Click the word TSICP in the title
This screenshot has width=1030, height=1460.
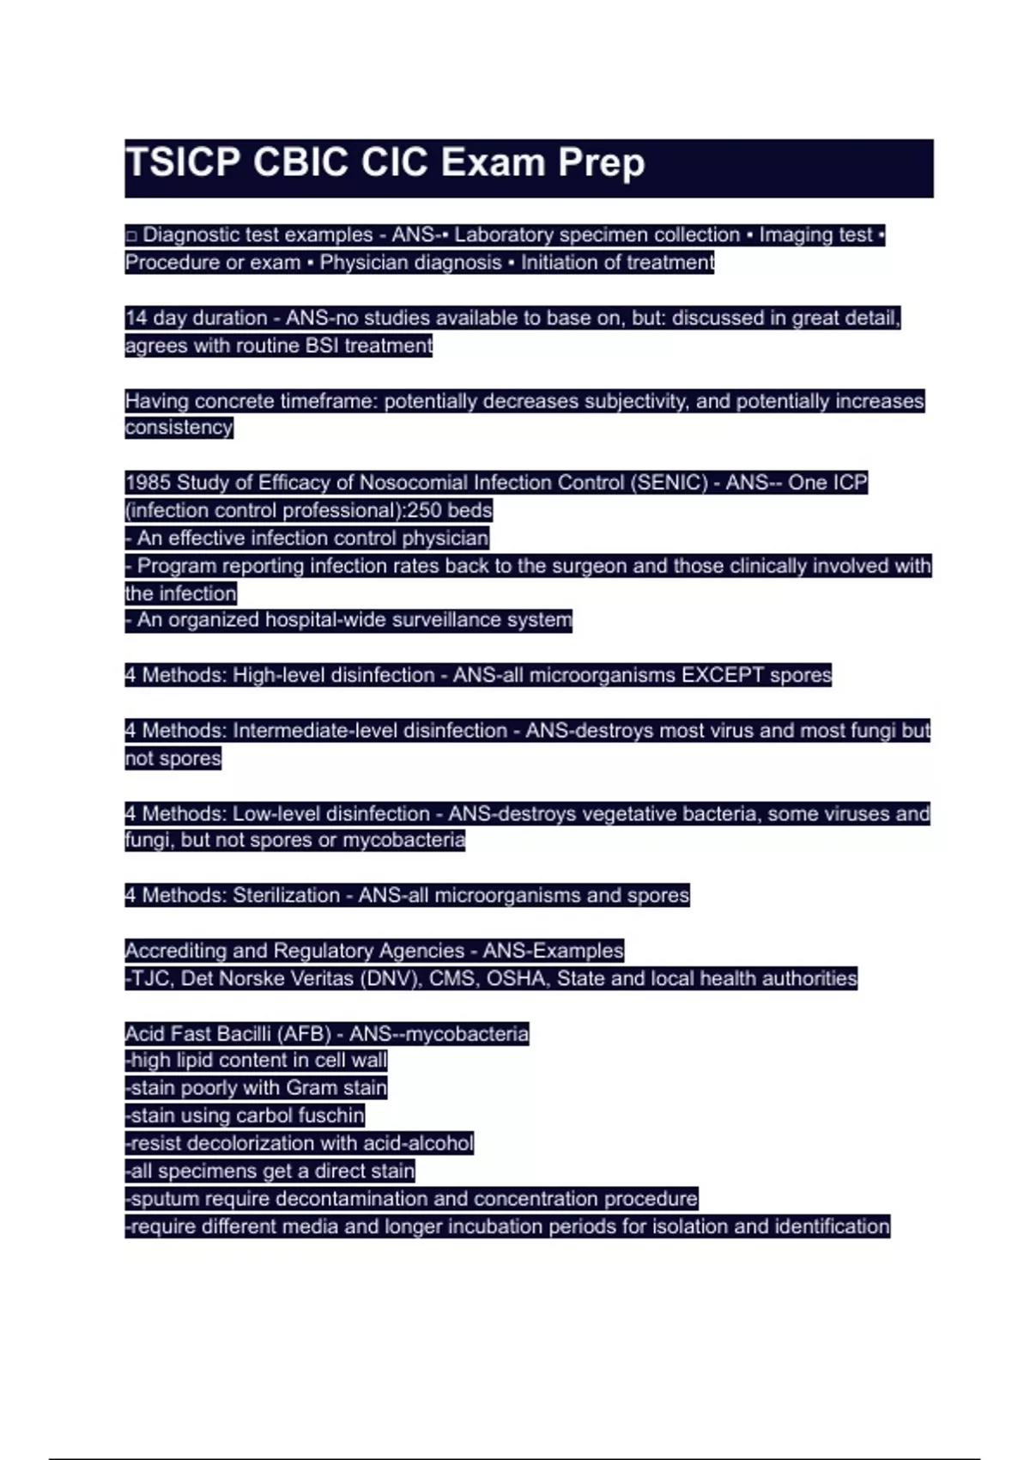[x=182, y=163]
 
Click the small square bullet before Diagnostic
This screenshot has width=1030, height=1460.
[x=131, y=235]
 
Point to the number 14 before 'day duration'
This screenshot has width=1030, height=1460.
[x=136, y=318]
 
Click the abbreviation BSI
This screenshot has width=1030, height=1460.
[x=322, y=345]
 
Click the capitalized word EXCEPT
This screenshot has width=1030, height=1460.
[x=722, y=675]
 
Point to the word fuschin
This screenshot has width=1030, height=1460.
[x=330, y=1116]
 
